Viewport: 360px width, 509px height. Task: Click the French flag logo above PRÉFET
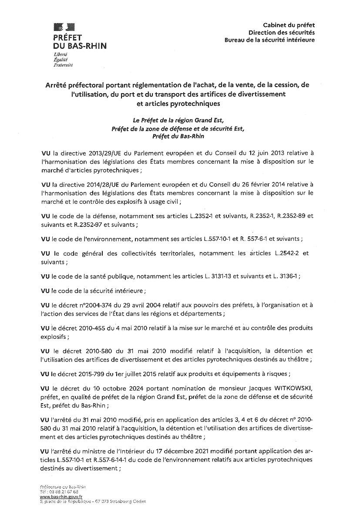[64, 27]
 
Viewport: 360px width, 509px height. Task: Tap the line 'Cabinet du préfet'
[289, 26]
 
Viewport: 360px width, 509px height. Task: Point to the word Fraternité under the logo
[63, 65]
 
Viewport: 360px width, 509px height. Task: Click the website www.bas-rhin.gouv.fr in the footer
[61, 497]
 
